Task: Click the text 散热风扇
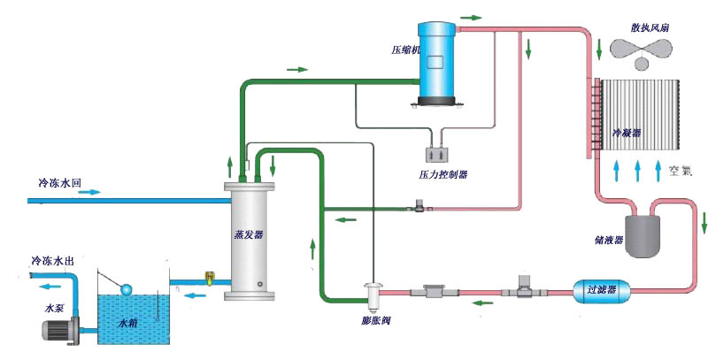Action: (x=650, y=28)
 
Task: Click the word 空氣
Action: (x=683, y=170)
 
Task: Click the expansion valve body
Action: (x=373, y=291)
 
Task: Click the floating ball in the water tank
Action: (x=127, y=290)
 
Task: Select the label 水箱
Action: (x=130, y=324)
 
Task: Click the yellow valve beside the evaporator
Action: (x=210, y=278)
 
